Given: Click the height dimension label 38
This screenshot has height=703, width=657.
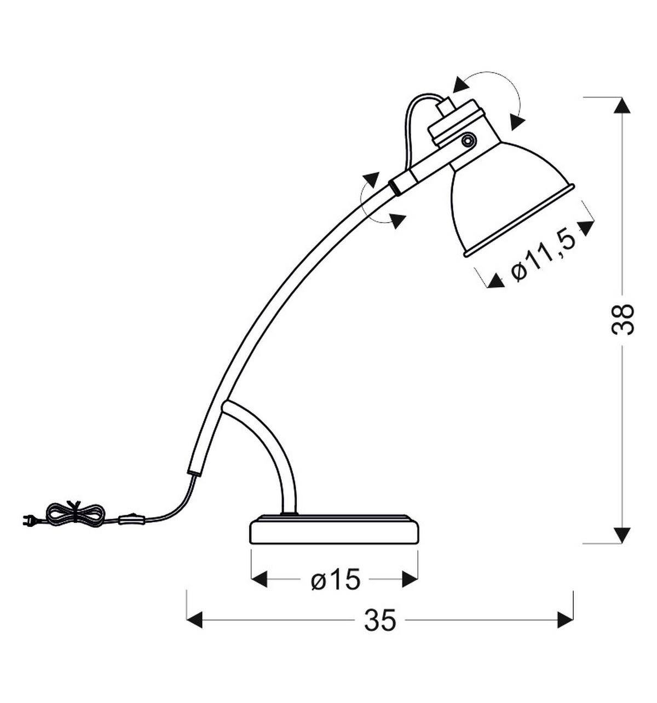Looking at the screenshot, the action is (x=623, y=319).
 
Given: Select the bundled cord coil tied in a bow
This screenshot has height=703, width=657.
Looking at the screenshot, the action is (x=75, y=513).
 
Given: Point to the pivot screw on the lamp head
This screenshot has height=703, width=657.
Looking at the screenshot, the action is (x=468, y=141).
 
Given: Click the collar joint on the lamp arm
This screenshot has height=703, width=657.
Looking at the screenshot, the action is (x=404, y=182).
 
